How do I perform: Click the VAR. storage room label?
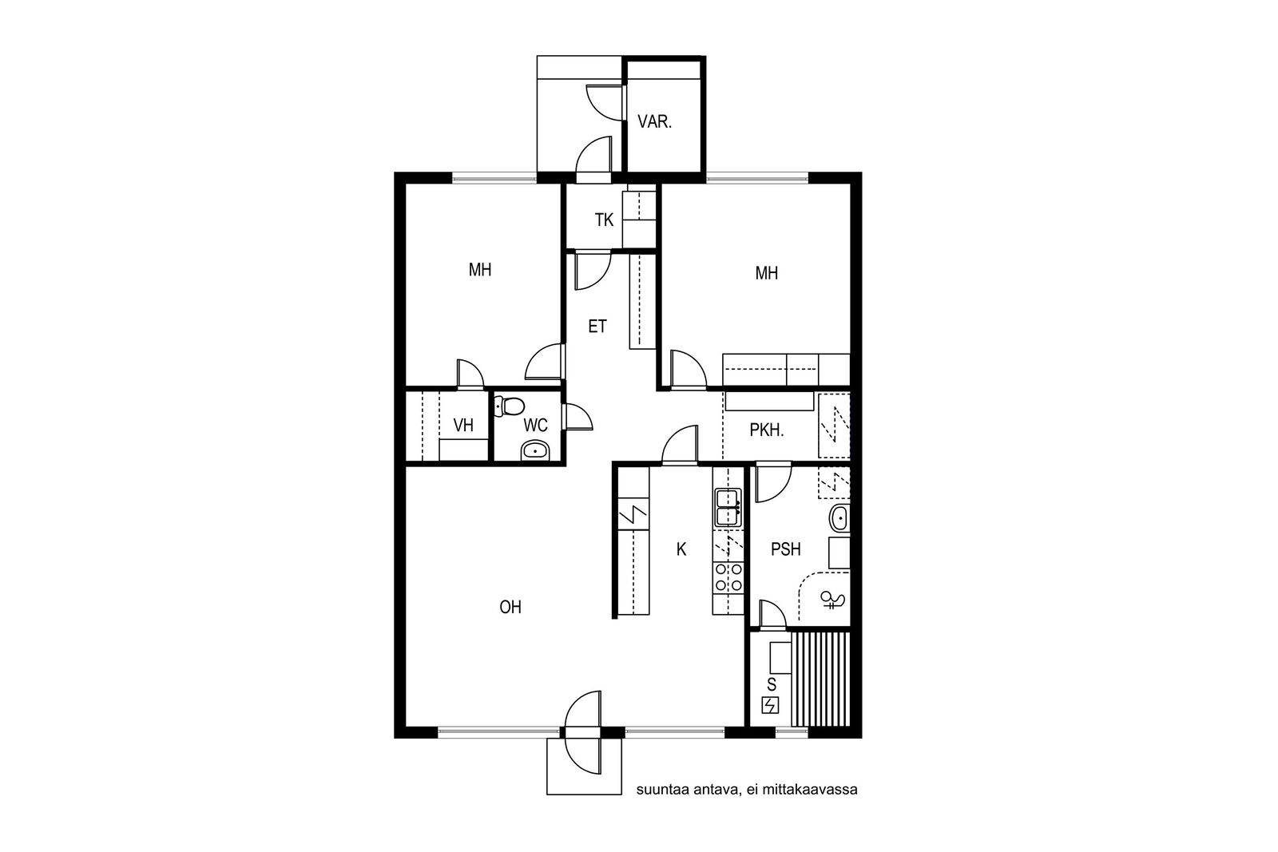point(654,121)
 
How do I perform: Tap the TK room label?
point(604,220)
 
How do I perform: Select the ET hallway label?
point(597,327)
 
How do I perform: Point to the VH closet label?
point(463,425)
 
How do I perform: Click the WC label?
point(535,425)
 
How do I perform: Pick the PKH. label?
point(766,430)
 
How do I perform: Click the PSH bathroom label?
point(786,549)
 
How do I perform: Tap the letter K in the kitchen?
point(681,549)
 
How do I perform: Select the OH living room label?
point(510,608)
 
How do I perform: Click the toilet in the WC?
point(510,406)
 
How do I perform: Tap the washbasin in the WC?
point(534,450)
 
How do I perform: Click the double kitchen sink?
point(728,507)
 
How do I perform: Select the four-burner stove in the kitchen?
point(728,577)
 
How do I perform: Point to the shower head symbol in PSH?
point(831,600)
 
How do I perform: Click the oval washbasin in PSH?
point(839,518)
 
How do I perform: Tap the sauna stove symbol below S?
point(770,705)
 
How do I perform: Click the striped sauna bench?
point(821,678)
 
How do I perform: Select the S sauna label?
point(772,684)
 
